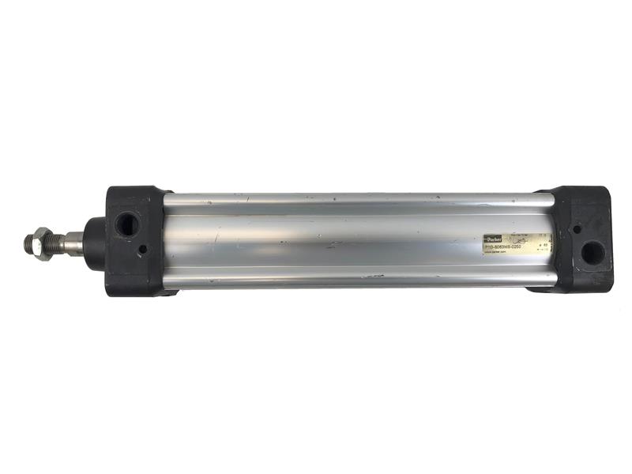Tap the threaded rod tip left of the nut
tap(28, 243)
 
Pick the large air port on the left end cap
tap(126, 224)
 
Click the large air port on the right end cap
tap(592, 252)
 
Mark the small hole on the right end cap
tap(577, 230)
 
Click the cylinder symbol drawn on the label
tap(521, 239)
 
